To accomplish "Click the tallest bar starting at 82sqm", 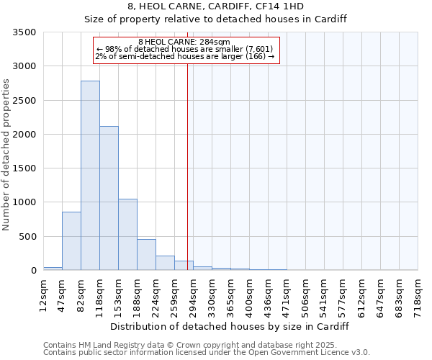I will point(90,176).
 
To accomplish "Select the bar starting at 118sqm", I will point(109,198).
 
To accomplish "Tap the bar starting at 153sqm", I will point(127,234).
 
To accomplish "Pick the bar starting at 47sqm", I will point(71,240).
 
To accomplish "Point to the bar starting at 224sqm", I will point(165,263).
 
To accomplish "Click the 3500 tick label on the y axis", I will point(24,32).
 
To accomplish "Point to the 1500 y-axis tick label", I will point(24,168).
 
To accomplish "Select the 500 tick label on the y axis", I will point(27,237).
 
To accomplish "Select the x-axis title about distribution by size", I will point(230,326).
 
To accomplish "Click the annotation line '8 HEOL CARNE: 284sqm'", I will point(184,42).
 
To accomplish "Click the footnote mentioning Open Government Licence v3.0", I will point(206,352).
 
